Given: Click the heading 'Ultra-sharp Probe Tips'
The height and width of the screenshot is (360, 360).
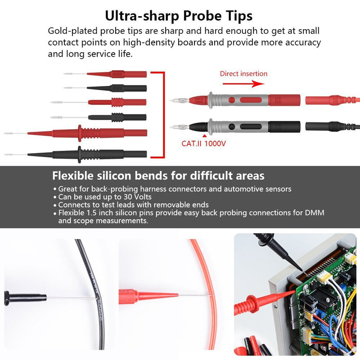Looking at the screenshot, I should pyautogui.click(x=179, y=16).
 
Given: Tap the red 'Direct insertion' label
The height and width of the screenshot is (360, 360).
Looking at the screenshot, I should pyautogui.click(x=243, y=74).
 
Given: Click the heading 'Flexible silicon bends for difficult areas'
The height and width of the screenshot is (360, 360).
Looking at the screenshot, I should pyautogui.click(x=158, y=175).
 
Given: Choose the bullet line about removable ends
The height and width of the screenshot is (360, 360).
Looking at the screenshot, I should pyautogui.click(x=133, y=204).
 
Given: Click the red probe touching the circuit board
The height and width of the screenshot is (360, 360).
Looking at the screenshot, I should pyautogui.click(x=261, y=301).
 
